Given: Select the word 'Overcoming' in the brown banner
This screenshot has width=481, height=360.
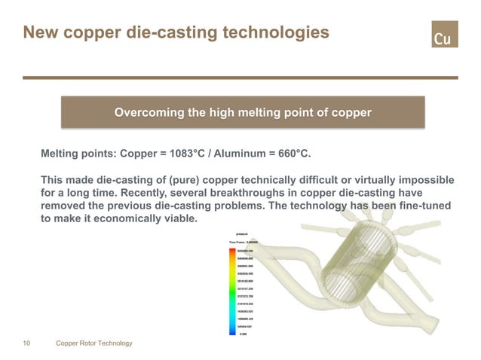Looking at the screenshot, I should pyautogui.click(x=148, y=113).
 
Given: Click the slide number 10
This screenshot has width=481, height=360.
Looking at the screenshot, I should pyautogui.click(x=27, y=343).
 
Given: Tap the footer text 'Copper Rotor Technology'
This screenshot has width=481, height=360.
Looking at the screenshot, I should pyautogui.click(x=94, y=343).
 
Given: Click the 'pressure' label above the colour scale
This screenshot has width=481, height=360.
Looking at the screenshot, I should pyautogui.click(x=243, y=234).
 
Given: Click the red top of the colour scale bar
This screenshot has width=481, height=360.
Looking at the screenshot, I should pyautogui.click(x=232, y=252).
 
